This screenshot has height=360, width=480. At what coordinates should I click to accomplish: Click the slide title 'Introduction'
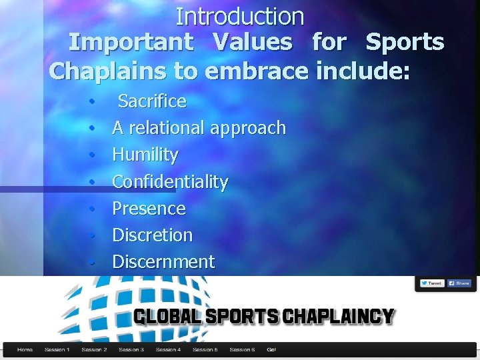[240, 16]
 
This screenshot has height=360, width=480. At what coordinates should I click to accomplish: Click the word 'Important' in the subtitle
[131, 43]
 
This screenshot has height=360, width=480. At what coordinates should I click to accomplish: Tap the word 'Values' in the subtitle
[253, 43]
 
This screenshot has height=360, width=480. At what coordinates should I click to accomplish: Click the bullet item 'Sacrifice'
[152, 101]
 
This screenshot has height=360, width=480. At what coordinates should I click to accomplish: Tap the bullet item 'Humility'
[145, 155]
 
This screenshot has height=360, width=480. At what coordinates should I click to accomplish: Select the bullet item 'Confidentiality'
[170, 181]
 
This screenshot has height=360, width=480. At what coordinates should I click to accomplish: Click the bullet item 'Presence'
[149, 208]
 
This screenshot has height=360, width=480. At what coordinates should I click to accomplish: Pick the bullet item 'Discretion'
[152, 235]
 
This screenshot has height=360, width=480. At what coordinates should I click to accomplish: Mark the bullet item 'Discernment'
[163, 261]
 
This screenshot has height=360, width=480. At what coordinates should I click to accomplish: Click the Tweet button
[431, 283]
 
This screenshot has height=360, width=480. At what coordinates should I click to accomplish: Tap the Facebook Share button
[459, 283]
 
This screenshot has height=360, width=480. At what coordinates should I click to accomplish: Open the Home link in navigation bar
[25, 349]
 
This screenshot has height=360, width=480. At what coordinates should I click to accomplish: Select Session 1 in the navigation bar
[57, 349]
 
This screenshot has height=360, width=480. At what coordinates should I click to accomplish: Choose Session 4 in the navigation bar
[168, 349]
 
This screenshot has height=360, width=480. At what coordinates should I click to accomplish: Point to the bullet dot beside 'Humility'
[93, 155]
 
